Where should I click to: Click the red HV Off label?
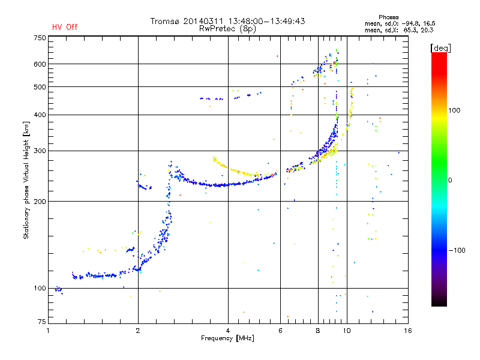(64, 27)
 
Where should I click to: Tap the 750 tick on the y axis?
(40, 38)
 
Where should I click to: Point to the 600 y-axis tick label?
(40, 64)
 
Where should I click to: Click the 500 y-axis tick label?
(40, 87)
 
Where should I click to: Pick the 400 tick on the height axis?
(40, 115)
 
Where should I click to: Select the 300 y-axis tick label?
(40, 151)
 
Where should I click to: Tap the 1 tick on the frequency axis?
(48, 331)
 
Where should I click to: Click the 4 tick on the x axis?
(228, 331)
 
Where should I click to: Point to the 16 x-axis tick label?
(407, 331)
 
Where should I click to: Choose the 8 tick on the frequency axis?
(318, 331)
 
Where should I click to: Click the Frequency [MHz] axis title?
(227, 339)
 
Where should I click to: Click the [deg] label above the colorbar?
(440, 47)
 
